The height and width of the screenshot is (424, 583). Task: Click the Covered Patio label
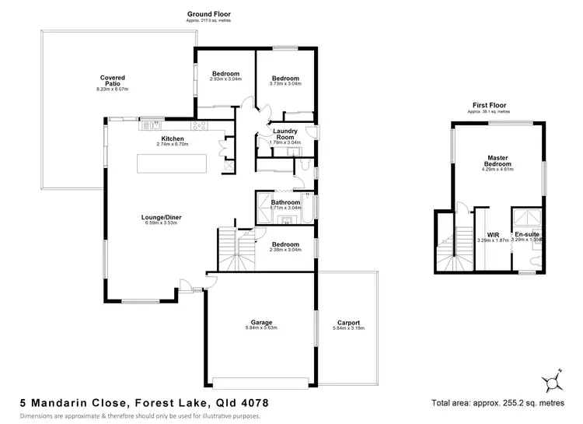[x=112, y=81]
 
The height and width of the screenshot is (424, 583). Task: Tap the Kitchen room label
[x=173, y=138]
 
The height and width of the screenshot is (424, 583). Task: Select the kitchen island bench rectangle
[x=172, y=165]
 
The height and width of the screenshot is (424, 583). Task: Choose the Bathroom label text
[x=285, y=202]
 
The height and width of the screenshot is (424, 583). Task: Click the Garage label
[x=261, y=322]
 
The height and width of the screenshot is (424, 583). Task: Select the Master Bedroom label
[x=498, y=160]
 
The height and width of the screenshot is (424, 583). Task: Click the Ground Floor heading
[x=208, y=14]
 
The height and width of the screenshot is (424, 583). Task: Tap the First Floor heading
[x=489, y=105]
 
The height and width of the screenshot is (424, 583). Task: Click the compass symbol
[x=553, y=381]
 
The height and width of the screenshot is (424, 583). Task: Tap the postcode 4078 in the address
[x=253, y=404]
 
